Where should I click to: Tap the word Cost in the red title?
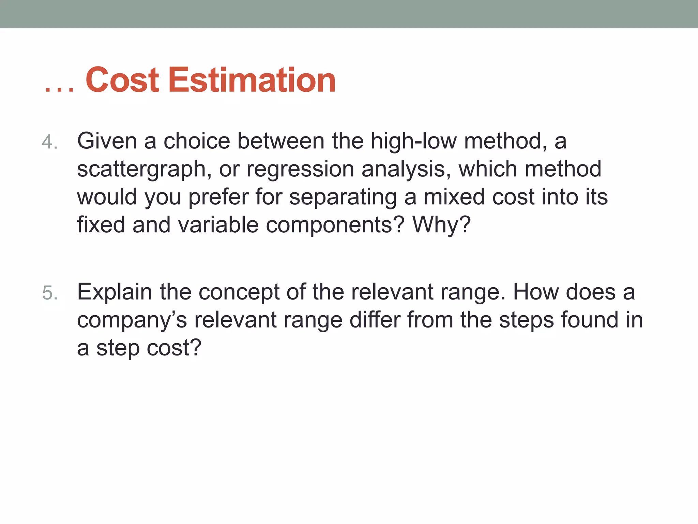coord(122,80)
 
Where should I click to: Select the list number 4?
coord(50,142)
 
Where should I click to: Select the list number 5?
coord(50,293)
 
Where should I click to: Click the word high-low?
coord(413,141)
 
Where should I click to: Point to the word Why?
coord(441,225)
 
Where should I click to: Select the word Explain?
coord(115,292)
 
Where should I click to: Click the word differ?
coord(375,320)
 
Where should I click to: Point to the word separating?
coord(343,198)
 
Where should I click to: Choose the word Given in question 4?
coord(107,141)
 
